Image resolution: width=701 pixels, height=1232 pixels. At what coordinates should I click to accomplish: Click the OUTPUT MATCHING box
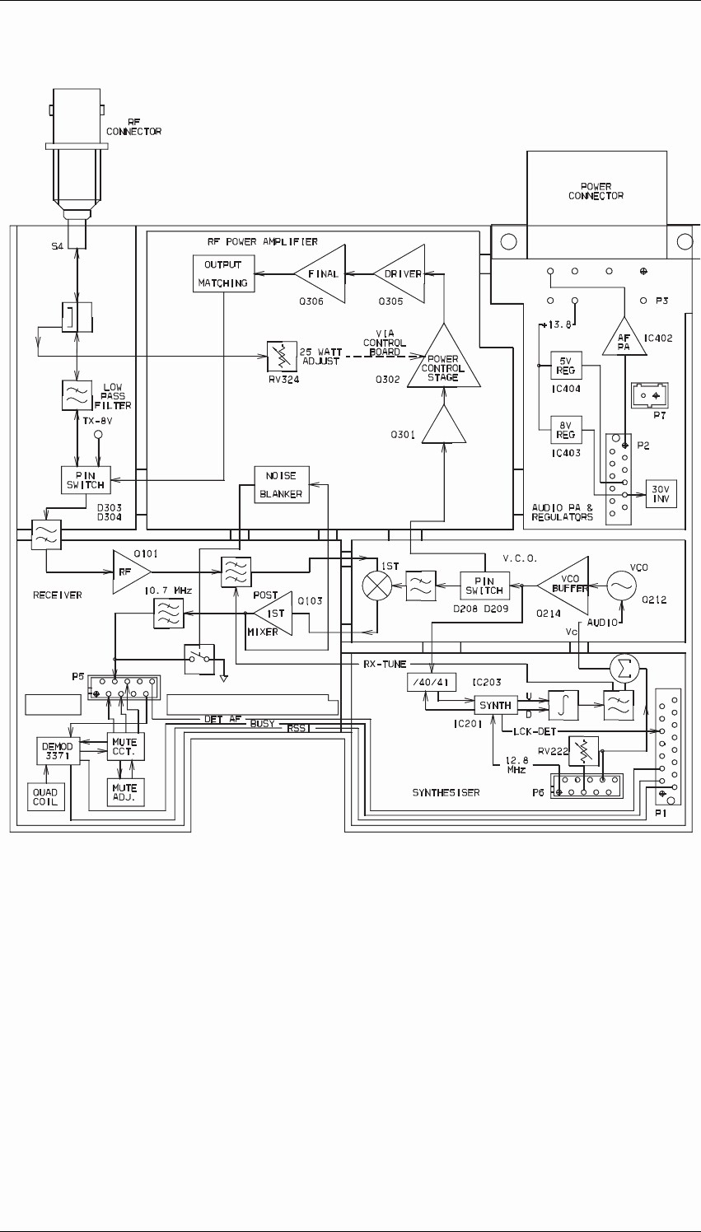[x=223, y=273]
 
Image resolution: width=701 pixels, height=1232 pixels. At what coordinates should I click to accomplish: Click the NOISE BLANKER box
[x=281, y=484]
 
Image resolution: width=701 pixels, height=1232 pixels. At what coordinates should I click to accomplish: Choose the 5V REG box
[x=566, y=366]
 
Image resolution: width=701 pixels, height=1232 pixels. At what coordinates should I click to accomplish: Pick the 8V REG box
[x=566, y=430]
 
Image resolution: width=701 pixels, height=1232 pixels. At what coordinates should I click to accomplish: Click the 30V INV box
[x=661, y=493]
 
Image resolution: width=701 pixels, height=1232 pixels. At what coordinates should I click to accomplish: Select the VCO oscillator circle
[x=623, y=587]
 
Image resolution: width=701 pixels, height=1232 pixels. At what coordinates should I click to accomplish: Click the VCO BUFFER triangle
[x=564, y=586]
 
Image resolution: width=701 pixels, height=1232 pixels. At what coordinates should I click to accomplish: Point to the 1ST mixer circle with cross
[x=377, y=586]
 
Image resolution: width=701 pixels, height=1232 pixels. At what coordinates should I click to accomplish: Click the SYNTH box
[x=496, y=706]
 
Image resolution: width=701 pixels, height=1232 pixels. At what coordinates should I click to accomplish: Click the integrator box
[x=563, y=705]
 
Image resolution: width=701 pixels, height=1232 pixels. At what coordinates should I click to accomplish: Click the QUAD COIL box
[x=45, y=797]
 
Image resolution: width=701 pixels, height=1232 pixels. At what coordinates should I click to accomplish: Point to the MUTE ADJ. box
[x=125, y=792]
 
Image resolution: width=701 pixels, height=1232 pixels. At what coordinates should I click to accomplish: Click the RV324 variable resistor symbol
[x=280, y=357]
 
